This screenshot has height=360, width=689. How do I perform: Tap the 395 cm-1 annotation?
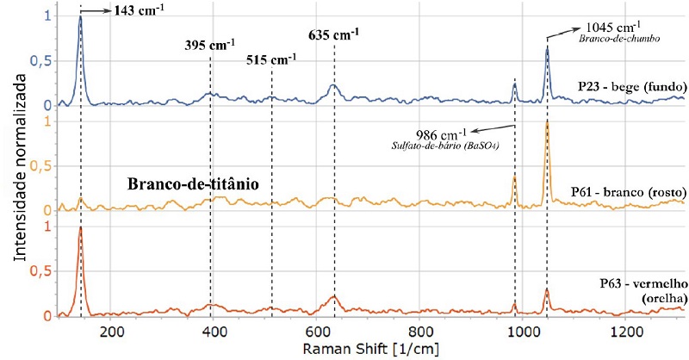pos(211,46)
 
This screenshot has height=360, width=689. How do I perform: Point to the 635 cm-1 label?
pos(333,35)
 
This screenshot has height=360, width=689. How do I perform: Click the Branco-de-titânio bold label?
pos(193,184)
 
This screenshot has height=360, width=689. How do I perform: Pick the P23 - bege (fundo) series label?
pos(631,86)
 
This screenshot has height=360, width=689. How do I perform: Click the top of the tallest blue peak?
pos(80,17)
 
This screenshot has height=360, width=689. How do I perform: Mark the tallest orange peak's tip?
pos(547,122)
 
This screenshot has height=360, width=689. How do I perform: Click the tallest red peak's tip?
pos(80,227)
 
